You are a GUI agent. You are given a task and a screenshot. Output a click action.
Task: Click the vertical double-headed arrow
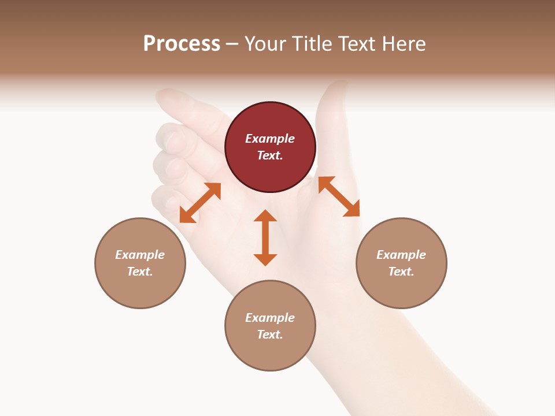(x=265, y=237)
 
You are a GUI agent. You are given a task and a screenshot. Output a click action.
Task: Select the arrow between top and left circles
(x=200, y=203)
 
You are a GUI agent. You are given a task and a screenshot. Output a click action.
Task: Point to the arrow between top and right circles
(x=339, y=196)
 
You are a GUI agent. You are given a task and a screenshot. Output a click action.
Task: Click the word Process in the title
(x=182, y=43)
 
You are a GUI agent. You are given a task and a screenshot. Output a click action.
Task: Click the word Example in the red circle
(x=270, y=139)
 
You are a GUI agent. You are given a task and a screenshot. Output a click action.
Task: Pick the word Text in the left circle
(x=140, y=272)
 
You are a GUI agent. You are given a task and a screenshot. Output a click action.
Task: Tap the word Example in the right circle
(x=401, y=255)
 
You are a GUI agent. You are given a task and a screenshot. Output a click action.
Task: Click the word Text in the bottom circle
(x=270, y=335)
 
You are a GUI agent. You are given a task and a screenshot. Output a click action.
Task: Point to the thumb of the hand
(x=332, y=116)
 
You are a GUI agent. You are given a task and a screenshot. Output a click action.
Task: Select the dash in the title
(x=232, y=44)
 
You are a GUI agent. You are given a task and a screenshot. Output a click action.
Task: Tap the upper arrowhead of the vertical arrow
(x=265, y=216)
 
